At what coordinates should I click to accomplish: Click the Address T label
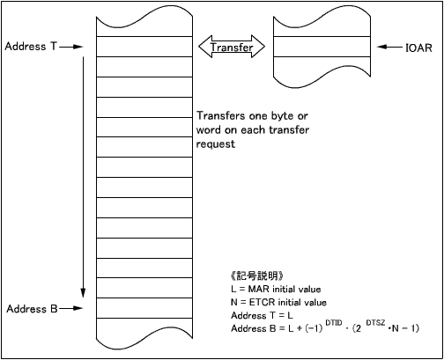click(31, 47)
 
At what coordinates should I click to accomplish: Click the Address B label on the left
click(32, 309)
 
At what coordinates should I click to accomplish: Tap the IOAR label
click(418, 48)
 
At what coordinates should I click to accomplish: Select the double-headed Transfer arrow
click(232, 47)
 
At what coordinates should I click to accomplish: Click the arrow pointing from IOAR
click(389, 47)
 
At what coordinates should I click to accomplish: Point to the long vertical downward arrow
click(83, 177)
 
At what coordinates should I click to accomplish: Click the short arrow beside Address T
click(71, 47)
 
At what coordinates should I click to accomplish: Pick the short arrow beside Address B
click(71, 308)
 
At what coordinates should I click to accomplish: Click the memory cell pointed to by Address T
click(144, 47)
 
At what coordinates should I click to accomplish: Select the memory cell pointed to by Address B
click(144, 308)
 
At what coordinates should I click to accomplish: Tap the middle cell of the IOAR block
click(322, 47)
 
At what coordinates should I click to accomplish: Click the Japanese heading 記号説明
click(256, 276)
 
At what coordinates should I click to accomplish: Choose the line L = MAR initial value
click(276, 290)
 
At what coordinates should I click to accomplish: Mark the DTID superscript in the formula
click(334, 323)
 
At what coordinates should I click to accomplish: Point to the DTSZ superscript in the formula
click(375, 323)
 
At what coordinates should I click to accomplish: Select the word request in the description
click(216, 144)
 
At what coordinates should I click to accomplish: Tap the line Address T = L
click(262, 315)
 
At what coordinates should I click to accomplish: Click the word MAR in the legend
click(259, 290)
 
